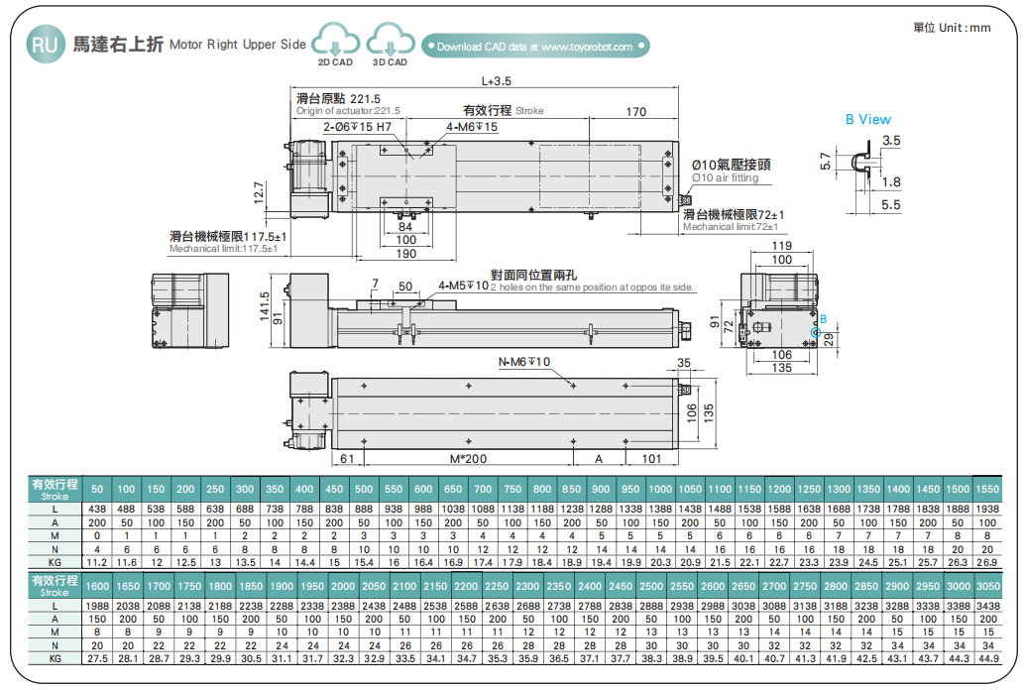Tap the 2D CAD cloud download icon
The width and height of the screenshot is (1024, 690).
pyautogui.click(x=334, y=44)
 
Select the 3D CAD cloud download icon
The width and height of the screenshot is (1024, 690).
pyautogui.click(x=390, y=44)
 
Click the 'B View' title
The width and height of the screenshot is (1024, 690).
pyautogui.click(x=867, y=119)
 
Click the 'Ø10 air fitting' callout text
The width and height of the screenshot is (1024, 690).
pyautogui.click(x=726, y=177)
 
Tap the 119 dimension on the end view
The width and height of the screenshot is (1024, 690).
pyautogui.click(x=781, y=245)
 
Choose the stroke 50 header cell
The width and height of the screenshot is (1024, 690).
pyautogui.click(x=97, y=489)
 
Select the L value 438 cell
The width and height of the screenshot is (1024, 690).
pyautogui.click(x=97, y=508)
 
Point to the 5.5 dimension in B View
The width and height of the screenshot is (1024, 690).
pyautogui.click(x=889, y=204)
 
